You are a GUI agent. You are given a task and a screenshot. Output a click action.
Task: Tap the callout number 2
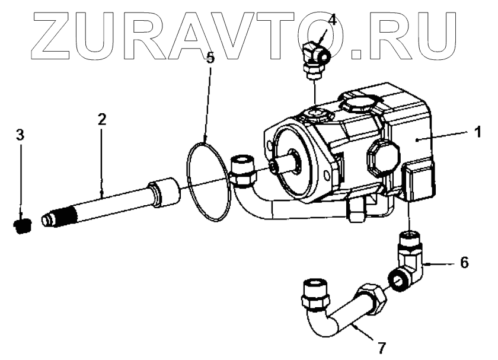(101, 119)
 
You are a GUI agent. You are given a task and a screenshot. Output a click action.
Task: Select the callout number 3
(20, 135)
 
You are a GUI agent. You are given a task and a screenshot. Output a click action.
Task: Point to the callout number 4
(333, 19)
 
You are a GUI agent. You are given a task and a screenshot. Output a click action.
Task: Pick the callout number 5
(209, 58)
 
